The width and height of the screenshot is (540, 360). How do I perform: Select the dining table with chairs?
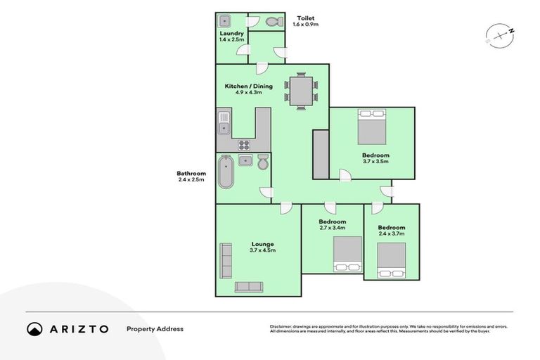(301, 91)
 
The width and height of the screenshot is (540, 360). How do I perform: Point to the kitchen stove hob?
(245, 146)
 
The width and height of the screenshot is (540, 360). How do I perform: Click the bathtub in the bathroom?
(226, 173)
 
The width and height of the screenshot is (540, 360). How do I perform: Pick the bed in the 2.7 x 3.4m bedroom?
(347, 253)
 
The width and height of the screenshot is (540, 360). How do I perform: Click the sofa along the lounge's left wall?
(226, 260)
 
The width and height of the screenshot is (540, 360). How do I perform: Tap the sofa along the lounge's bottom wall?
(248, 287)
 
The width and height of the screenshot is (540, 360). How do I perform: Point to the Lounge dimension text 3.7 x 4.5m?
(262, 250)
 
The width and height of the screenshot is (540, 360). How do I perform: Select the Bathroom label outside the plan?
(191, 174)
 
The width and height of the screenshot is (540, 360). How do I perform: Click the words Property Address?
(155, 329)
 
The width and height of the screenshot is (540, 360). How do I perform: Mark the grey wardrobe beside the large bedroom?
(320, 153)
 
